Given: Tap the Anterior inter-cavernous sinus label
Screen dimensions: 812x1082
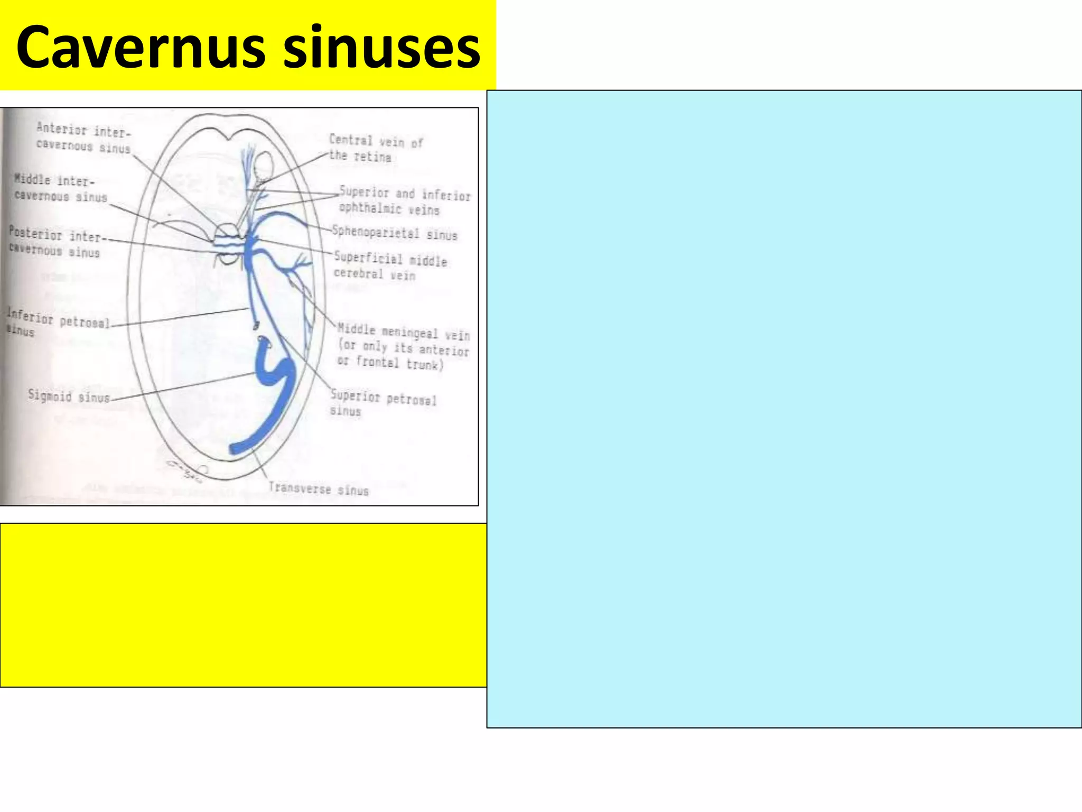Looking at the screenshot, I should pyautogui.click(x=83, y=138).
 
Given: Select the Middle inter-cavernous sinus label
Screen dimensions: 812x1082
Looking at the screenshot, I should pyautogui.click(x=61, y=189).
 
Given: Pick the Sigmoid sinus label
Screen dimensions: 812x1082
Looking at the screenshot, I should pyautogui.click(x=69, y=396).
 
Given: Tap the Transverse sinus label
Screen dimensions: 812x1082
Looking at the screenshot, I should pyautogui.click(x=318, y=488).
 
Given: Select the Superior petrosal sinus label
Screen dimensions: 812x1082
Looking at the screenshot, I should pyautogui.click(x=383, y=403).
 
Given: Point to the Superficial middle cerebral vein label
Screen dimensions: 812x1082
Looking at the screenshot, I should pyautogui.click(x=390, y=266).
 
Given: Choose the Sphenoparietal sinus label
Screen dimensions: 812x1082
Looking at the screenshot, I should pyautogui.click(x=394, y=233).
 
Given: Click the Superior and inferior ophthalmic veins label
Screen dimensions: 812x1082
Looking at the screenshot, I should pyautogui.click(x=404, y=201).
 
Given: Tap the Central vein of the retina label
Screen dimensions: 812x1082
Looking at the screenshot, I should pyautogui.click(x=376, y=148).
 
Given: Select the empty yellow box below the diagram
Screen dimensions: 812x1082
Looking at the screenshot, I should pyautogui.click(x=243, y=605).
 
